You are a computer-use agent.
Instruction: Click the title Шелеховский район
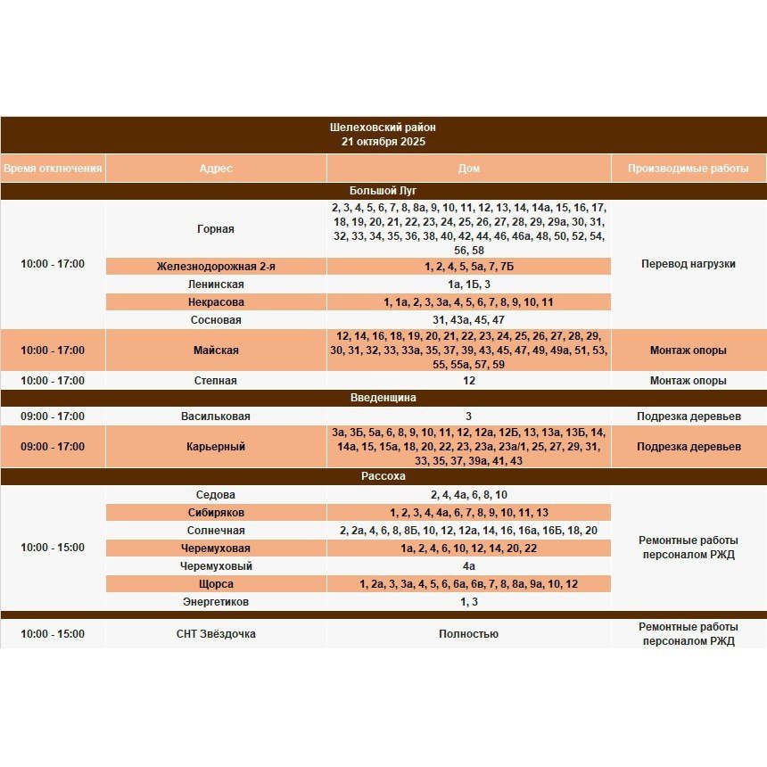click(x=383, y=128)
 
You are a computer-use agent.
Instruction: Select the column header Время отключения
click(x=53, y=168)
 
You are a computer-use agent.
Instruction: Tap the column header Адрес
click(x=216, y=168)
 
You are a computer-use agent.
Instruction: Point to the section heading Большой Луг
click(x=383, y=190)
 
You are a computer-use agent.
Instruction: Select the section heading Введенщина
click(x=383, y=398)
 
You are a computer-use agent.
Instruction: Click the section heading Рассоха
click(x=383, y=476)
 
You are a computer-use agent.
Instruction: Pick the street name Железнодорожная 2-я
click(x=216, y=266)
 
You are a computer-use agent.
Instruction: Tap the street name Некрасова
click(x=216, y=301)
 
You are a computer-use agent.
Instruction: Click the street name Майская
click(x=216, y=351)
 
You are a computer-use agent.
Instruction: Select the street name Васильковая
click(x=216, y=416)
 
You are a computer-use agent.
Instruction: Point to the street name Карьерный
click(x=216, y=446)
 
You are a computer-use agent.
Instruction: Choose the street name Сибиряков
click(x=216, y=512)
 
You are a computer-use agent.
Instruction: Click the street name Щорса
click(x=216, y=583)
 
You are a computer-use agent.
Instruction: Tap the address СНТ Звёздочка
click(x=216, y=633)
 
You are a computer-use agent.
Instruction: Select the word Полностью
click(x=468, y=633)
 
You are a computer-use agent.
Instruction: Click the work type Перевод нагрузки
click(x=689, y=263)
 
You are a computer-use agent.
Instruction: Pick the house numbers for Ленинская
click(x=469, y=284)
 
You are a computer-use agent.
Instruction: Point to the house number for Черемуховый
click(x=469, y=565)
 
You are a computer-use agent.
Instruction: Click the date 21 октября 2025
click(x=383, y=141)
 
